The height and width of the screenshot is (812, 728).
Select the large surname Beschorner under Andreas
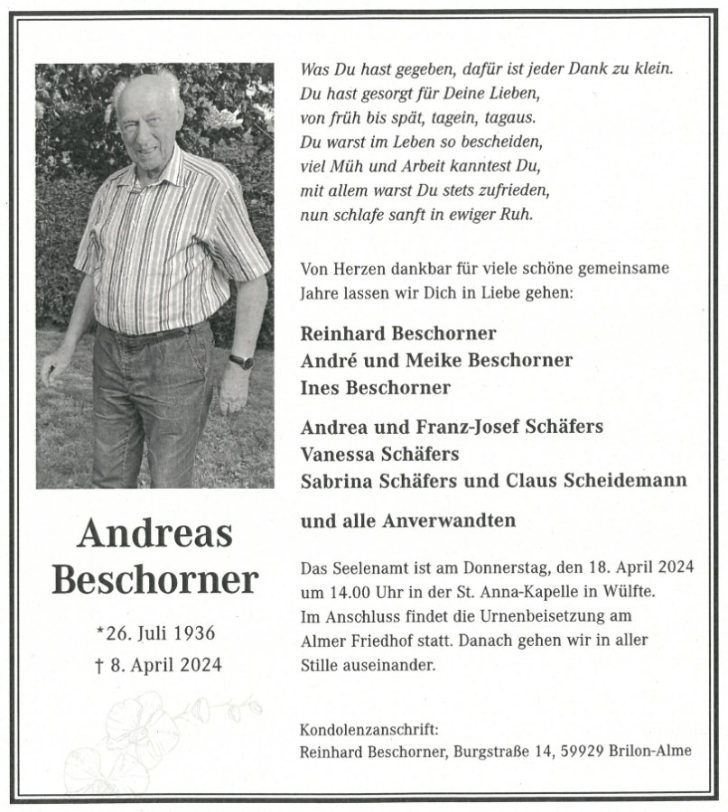click(x=154, y=580)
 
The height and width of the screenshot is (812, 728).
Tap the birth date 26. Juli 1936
click(x=161, y=632)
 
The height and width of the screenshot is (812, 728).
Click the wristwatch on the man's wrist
click(x=241, y=361)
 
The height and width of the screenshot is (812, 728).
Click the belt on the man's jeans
click(x=149, y=336)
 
